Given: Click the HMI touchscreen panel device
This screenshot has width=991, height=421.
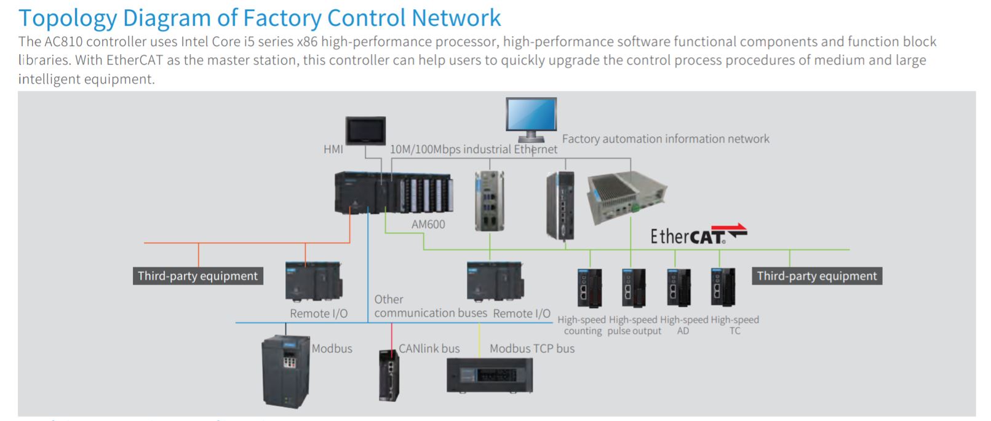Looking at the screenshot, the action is click(365, 131).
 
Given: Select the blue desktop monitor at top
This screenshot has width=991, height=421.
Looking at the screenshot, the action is click(531, 119).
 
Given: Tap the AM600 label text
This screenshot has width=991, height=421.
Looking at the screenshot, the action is click(428, 224).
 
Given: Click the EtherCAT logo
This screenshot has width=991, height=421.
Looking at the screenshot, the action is click(699, 234).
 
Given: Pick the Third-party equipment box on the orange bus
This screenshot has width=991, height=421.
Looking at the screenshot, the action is click(197, 276).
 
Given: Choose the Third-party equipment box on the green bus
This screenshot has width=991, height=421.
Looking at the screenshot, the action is click(817, 276).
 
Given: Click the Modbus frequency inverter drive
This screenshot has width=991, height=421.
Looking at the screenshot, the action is click(286, 371).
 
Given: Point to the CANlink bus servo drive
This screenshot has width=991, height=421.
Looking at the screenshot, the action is click(389, 376).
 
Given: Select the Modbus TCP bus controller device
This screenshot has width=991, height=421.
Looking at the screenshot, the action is click(490, 376).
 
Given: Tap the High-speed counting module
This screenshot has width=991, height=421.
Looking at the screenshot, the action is click(590, 288).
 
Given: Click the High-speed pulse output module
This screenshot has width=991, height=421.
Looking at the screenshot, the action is click(634, 288).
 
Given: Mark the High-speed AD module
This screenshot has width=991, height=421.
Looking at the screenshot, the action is click(679, 288).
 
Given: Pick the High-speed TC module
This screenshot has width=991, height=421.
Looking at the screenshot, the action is click(723, 287).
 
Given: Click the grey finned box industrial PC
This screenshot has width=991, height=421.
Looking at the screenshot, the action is click(626, 196).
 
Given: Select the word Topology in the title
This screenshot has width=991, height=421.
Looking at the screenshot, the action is click(68, 19).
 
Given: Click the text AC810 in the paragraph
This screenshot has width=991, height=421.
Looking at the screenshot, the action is click(63, 42).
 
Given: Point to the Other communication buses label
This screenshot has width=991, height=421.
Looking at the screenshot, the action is click(431, 306).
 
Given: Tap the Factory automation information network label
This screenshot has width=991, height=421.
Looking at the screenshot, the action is click(666, 139).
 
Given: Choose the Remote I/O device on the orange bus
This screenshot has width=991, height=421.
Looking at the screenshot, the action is click(314, 281).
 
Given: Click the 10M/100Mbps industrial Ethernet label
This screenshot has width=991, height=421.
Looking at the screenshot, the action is click(474, 149).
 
